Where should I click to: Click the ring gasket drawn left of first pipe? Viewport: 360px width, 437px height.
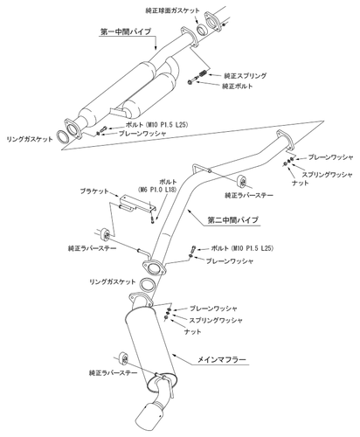pos(65,137)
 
